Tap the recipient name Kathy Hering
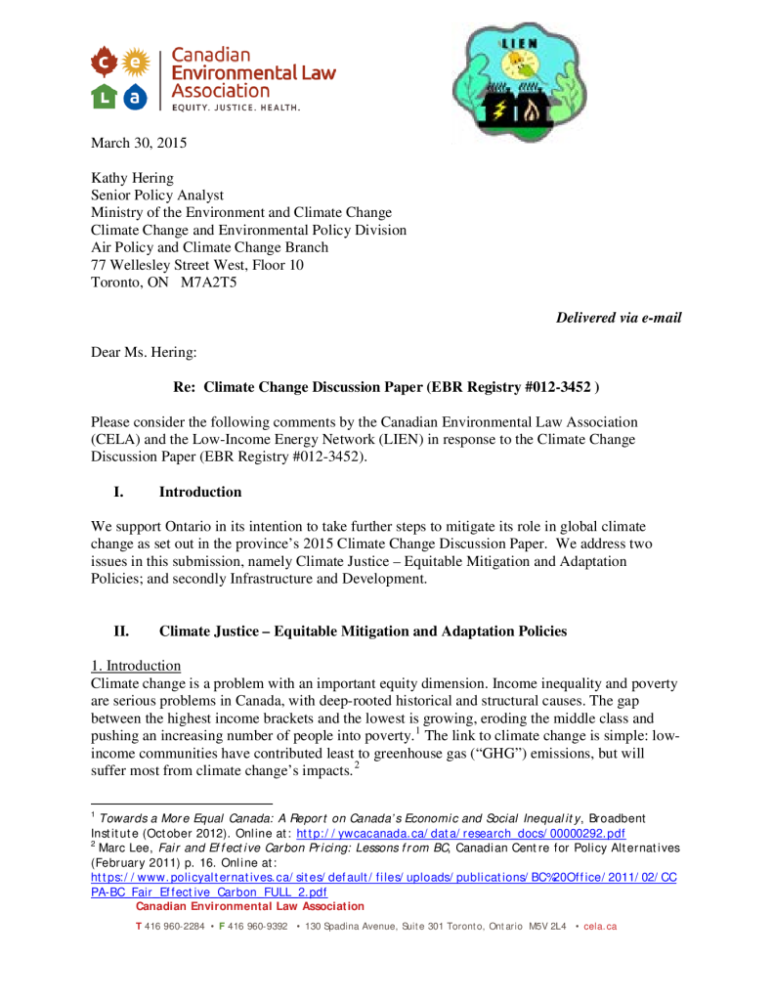pyautogui.click(x=134, y=178)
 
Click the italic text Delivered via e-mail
pyautogui.click(x=619, y=317)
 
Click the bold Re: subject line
pyautogui.click(x=386, y=387)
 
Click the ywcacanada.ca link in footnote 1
pyautogui.click(x=460, y=833)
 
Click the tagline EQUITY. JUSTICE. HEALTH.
pyautogui.click(x=236, y=107)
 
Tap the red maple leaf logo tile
pyautogui.click(x=106, y=64)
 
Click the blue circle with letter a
pyautogui.click(x=136, y=95)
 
